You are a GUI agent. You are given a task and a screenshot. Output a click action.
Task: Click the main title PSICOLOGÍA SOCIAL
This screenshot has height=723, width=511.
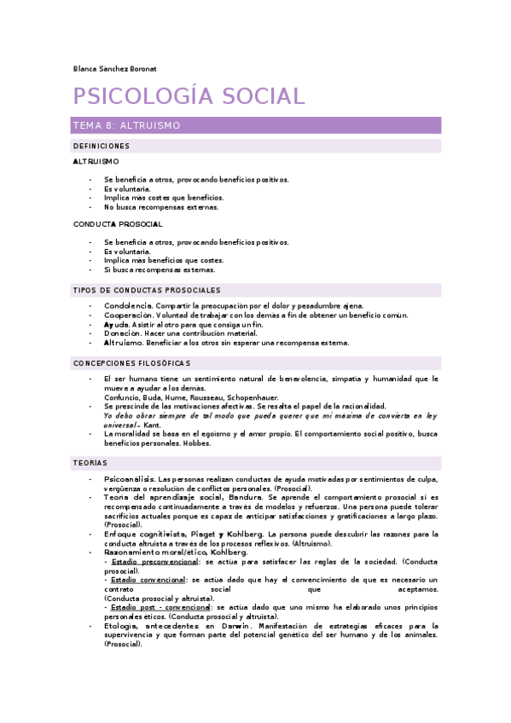[x=188, y=96]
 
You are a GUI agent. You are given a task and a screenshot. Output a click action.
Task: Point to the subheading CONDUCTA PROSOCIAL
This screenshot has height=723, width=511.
[x=118, y=224]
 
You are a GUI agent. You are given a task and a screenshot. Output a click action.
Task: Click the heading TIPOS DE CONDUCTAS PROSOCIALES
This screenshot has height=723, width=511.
[x=147, y=291]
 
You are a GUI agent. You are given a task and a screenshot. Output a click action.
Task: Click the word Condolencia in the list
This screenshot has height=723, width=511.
[x=128, y=306]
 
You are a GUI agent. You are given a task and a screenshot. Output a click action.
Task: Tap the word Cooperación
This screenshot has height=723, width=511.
[x=129, y=315]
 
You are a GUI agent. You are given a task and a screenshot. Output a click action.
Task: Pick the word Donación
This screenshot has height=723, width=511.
[x=123, y=333]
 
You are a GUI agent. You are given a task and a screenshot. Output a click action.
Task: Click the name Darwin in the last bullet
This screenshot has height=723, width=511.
[x=234, y=626]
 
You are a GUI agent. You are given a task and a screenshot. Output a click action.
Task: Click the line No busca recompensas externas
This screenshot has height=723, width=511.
[x=161, y=206]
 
